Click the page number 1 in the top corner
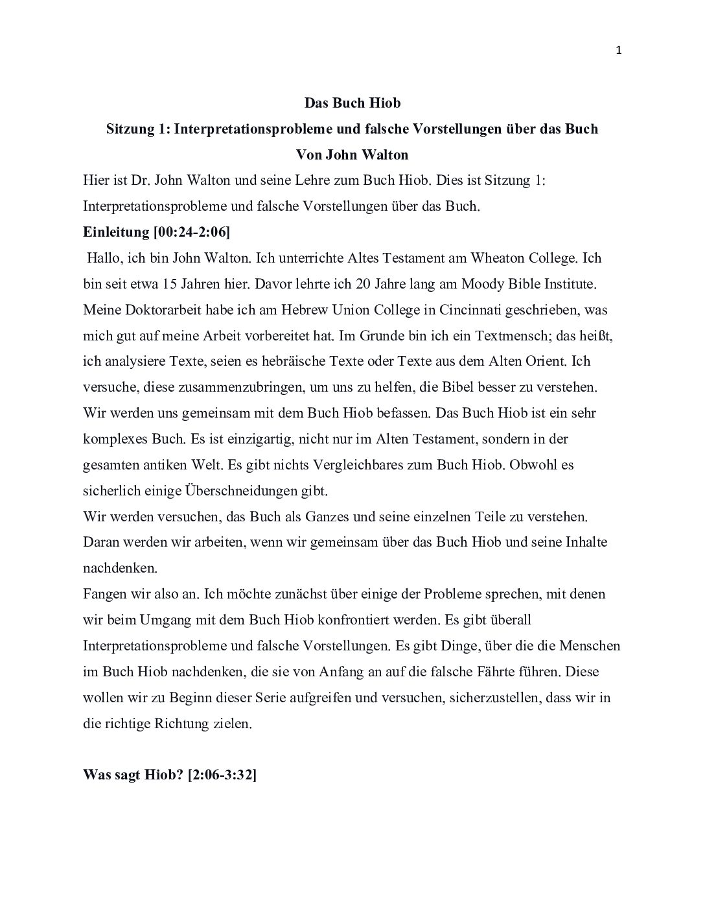pyautogui.click(x=618, y=51)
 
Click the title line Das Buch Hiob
pyautogui.click(x=352, y=103)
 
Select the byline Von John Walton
pyautogui.click(x=352, y=155)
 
